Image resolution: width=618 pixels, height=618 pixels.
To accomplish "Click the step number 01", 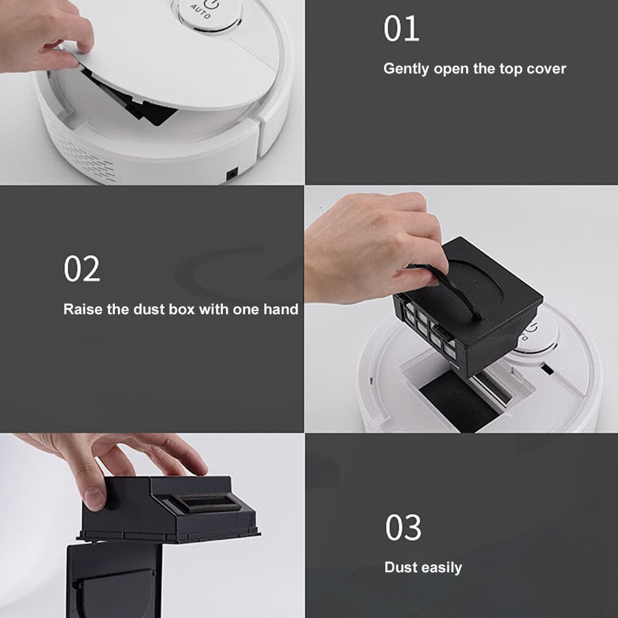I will (x=401, y=29).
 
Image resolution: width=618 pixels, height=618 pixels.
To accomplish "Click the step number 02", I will (x=81, y=269).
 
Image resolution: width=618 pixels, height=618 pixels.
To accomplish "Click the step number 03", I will (x=403, y=528).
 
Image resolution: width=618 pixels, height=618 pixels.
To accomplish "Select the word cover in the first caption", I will (x=546, y=69).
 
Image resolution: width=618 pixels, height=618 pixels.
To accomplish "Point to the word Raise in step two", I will (x=83, y=309).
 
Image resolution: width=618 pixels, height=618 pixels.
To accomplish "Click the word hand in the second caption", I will (x=282, y=309).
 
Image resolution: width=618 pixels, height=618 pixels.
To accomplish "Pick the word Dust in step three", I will (x=398, y=567).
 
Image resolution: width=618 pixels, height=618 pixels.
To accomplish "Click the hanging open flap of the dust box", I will (x=114, y=580).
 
